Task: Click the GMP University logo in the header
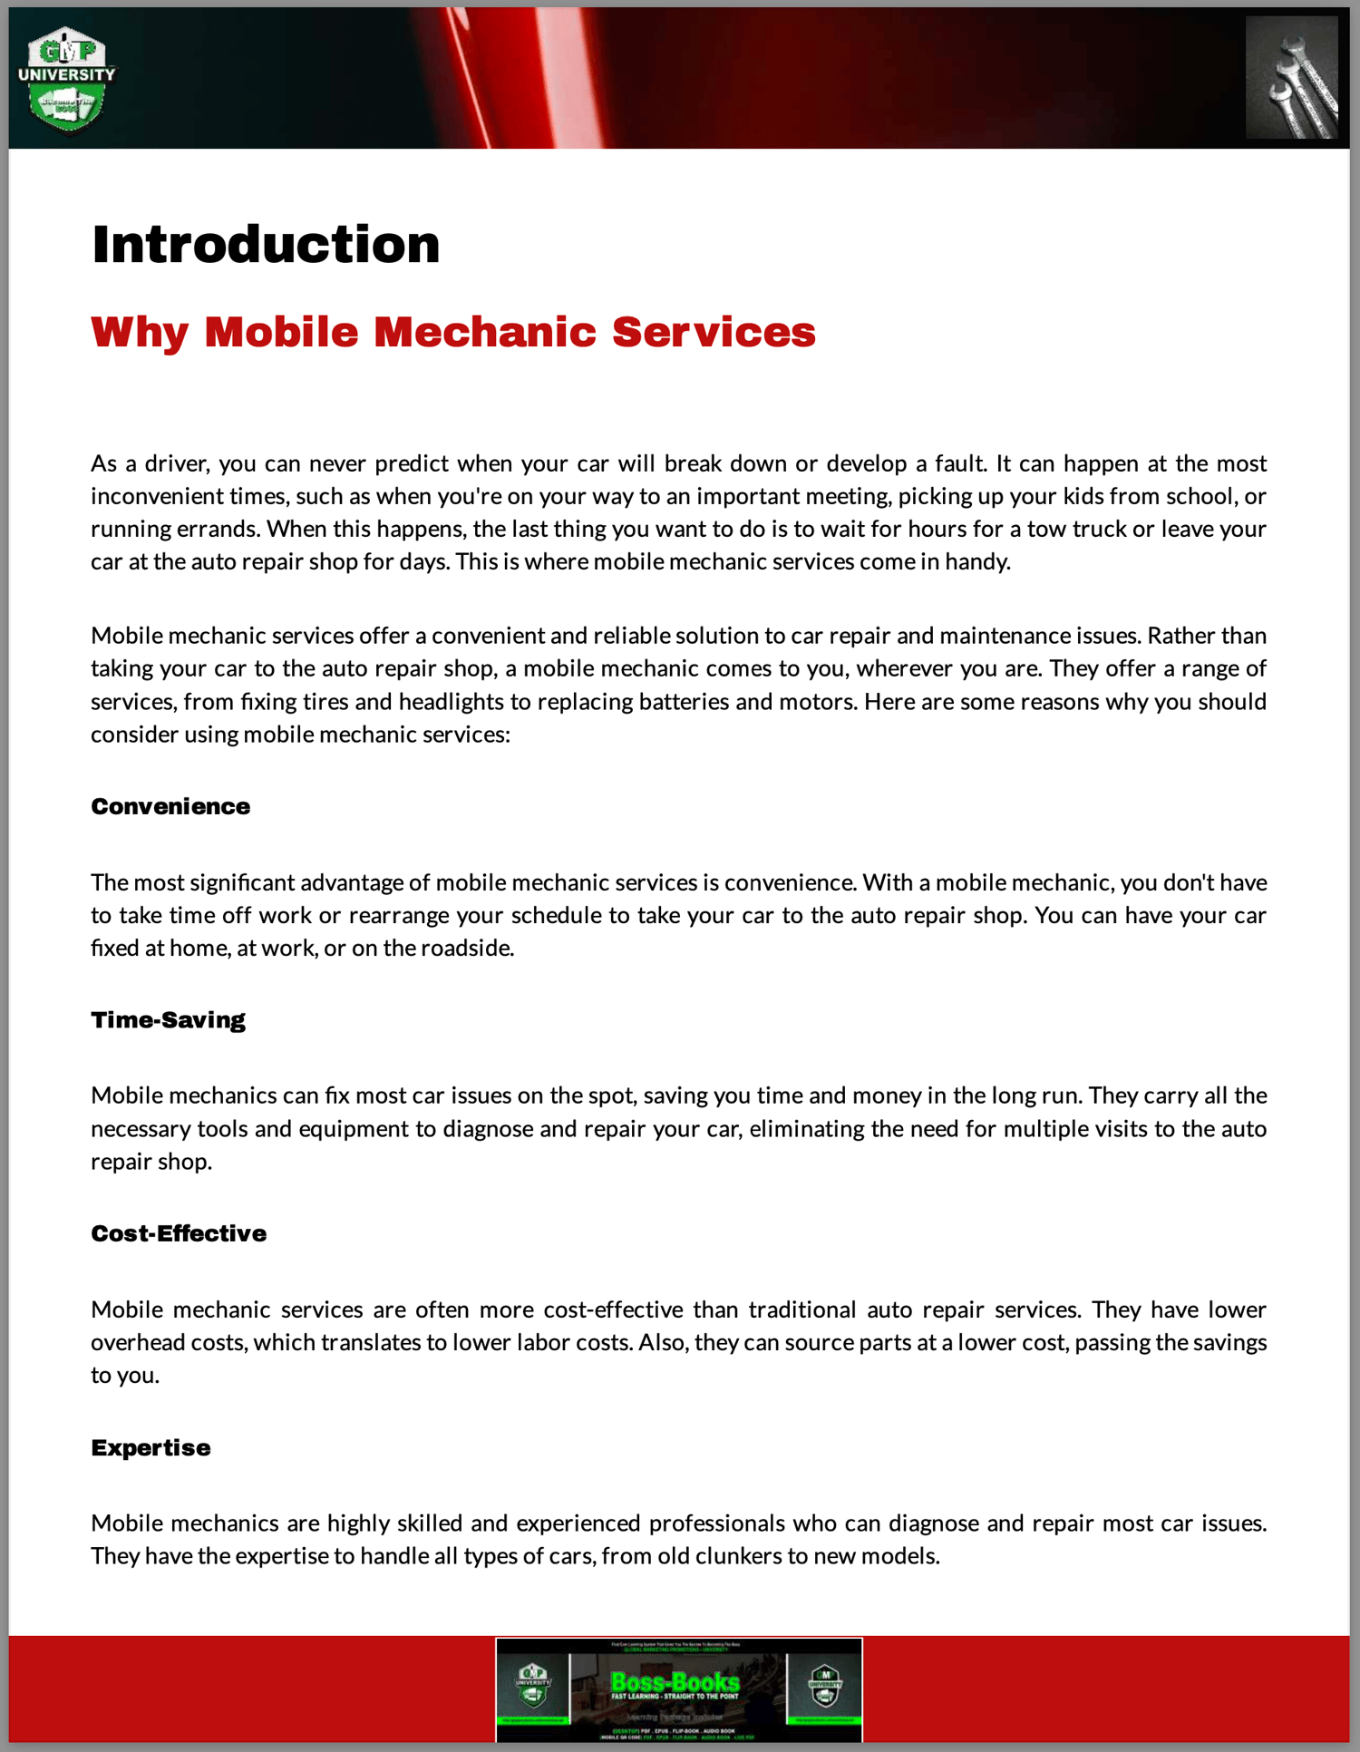[x=67, y=79]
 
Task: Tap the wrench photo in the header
[x=1291, y=79]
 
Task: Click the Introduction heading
[x=266, y=245]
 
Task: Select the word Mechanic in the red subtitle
[x=485, y=332]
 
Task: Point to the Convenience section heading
[x=170, y=806]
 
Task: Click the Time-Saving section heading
[x=168, y=1020]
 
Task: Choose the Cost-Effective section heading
[x=179, y=1233]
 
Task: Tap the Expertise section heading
[x=151, y=1447]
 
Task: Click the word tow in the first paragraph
[x=1045, y=529]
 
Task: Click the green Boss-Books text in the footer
[x=675, y=1682]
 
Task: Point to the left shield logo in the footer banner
[x=533, y=1686]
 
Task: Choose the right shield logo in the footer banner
[x=824, y=1686]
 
